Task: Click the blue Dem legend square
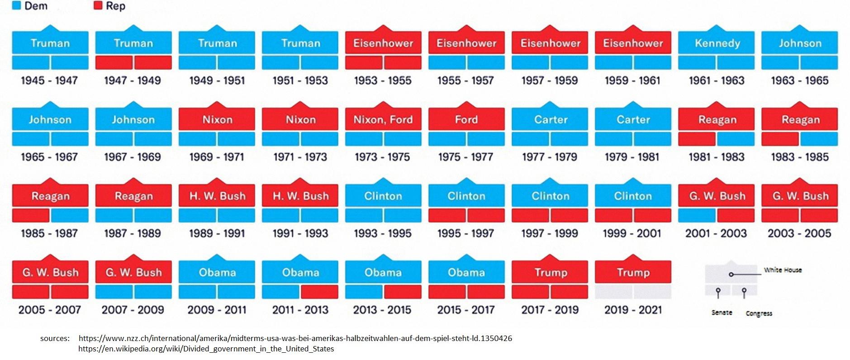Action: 17,6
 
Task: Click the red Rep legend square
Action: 98,6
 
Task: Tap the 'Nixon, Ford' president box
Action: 383,120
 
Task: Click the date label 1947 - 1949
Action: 133,81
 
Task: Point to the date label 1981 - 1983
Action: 716,157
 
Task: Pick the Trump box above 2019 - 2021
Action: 633,273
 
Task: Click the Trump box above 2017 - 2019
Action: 550,273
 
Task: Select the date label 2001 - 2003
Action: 716,233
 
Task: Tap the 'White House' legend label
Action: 783,270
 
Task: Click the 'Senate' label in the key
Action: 722,313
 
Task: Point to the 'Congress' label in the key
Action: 759,313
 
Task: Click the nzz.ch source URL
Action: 295,338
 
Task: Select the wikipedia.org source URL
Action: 206,349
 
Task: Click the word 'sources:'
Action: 55,338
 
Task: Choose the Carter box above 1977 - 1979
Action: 550,120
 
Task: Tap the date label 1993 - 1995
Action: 383,233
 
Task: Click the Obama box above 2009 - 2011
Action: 217,273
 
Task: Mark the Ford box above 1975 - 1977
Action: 466,120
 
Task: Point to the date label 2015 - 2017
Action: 466,310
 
